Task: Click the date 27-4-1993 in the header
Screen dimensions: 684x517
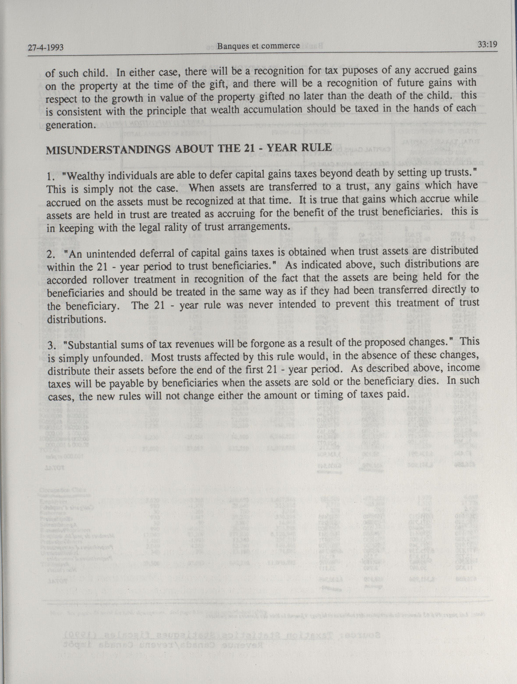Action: pyautogui.click(x=46, y=48)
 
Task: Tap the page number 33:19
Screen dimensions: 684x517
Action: pyautogui.click(x=487, y=45)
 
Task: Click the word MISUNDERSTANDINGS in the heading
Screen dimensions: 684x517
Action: pyautogui.click(x=108, y=150)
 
